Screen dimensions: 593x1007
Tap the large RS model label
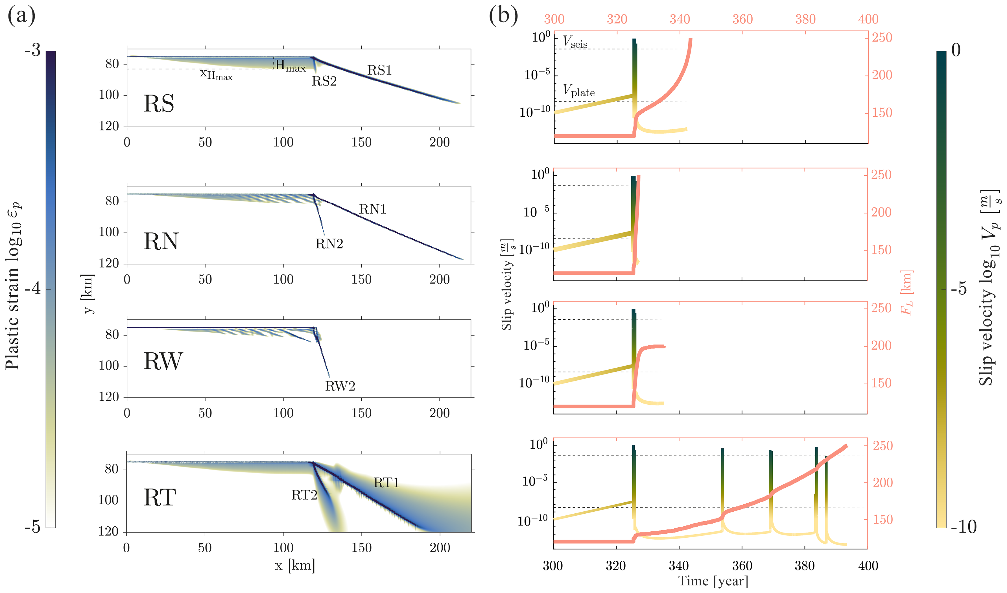click(159, 104)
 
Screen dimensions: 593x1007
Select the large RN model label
click(161, 241)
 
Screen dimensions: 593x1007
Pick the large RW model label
click(163, 361)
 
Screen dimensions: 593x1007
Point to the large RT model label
click(160, 498)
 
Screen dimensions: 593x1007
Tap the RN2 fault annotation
click(329, 244)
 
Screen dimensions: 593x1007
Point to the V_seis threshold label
click(575, 42)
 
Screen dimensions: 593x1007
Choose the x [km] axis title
click(295, 565)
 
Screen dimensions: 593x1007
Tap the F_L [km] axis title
click(907, 293)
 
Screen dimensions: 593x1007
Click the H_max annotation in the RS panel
click(290, 66)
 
